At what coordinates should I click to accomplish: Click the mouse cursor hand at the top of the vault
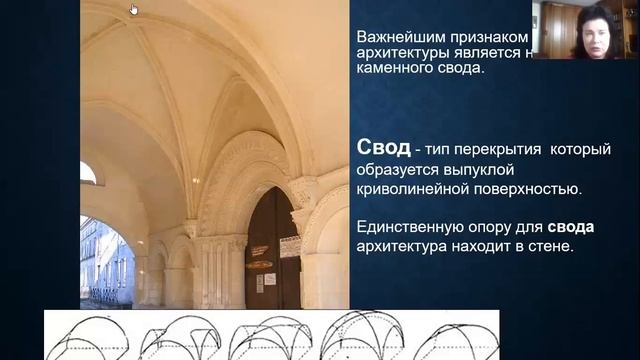click(134, 10)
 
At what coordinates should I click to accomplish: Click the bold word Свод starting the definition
click(383, 149)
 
